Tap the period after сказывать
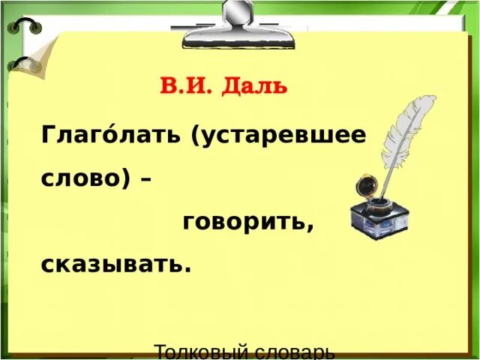[x=187, y=271]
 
